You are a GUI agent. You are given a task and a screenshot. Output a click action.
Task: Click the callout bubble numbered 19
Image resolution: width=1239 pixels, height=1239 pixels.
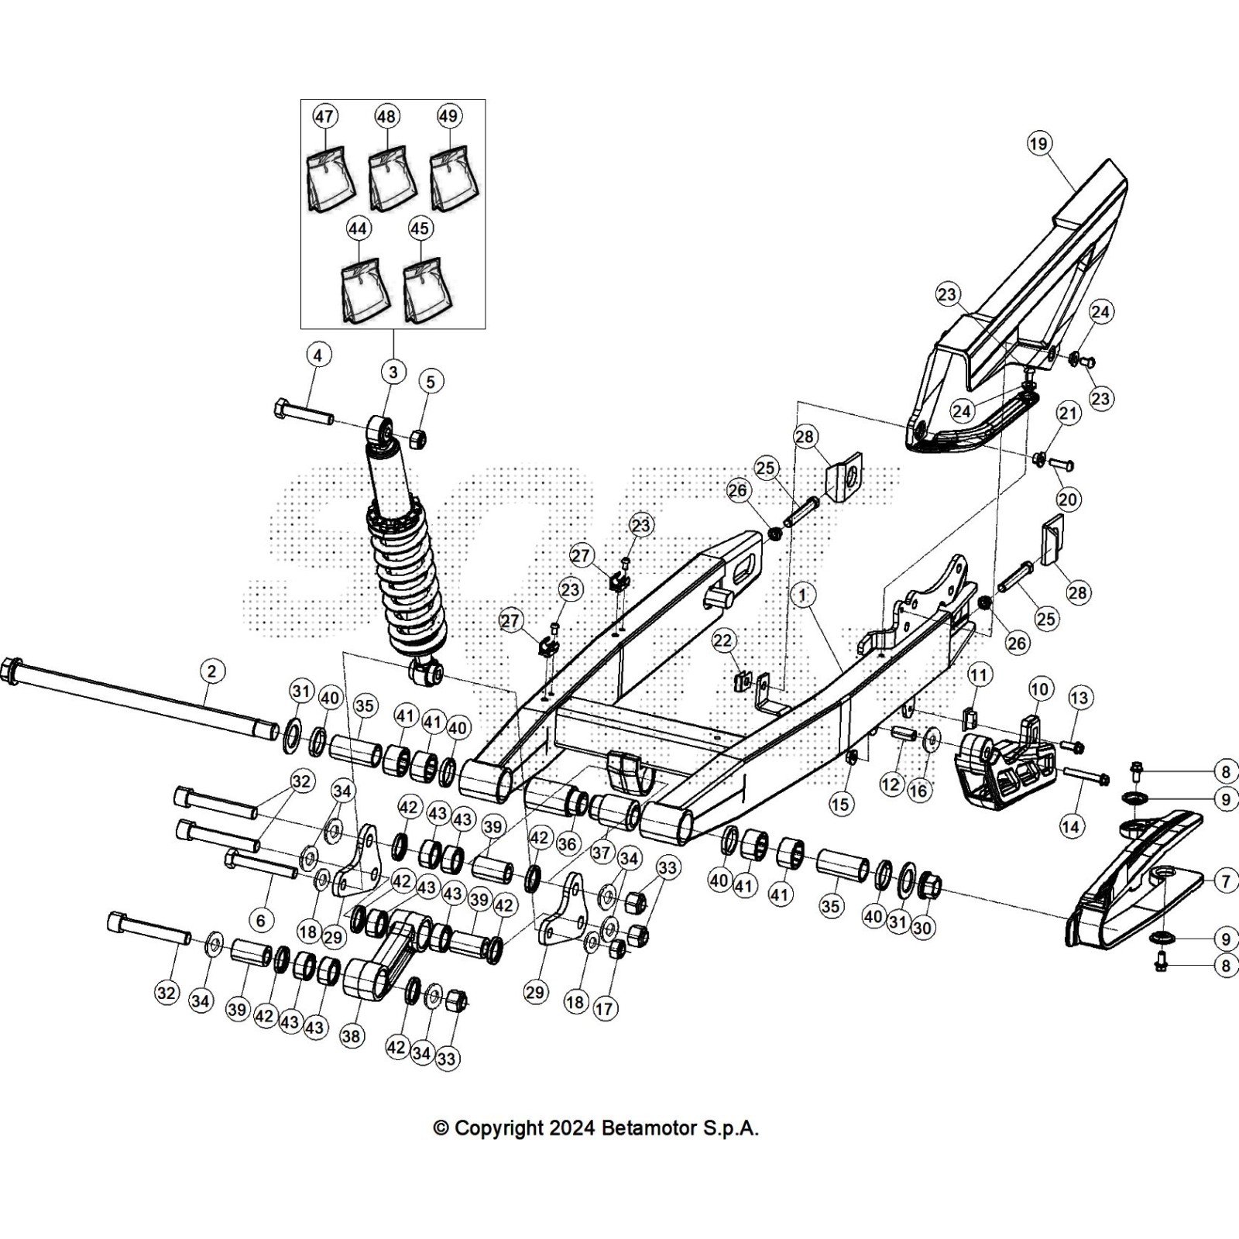(x=1038, y=143)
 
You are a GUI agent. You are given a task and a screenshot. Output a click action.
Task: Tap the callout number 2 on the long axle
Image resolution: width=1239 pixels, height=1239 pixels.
(x=212, y=671)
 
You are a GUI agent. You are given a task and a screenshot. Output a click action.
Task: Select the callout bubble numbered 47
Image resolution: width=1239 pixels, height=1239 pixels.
(x=324, y=116)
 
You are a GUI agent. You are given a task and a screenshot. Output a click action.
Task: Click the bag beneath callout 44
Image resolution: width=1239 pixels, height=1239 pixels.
(x=365, y=291)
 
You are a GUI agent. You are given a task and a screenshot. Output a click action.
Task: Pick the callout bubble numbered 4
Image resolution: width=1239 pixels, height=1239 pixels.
(x=317, y=355)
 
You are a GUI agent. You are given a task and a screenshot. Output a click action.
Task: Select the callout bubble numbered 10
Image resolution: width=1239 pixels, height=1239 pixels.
(x=1038, y=688)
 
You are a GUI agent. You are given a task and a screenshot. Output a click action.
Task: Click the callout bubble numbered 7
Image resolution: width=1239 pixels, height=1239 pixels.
(x=1225, y=880)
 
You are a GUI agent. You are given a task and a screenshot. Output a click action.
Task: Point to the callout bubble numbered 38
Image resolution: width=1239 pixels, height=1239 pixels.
(x=352, y=1035)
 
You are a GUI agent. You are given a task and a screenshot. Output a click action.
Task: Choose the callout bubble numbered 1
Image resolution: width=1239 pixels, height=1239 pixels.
(x=803, y=595)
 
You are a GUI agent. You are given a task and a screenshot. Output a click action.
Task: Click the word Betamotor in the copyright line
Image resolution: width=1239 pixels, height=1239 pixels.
(x=650, y=1127)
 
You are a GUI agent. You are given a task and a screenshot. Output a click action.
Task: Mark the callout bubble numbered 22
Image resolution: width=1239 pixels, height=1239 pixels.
(x=722, y=640)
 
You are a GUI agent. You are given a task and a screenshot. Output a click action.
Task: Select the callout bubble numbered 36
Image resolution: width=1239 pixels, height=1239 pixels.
(x=568, y=843)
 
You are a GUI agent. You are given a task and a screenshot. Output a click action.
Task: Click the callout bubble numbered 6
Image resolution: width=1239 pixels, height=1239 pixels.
(x=261, y=919)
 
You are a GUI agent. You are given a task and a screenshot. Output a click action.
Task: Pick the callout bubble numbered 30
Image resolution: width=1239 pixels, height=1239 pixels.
(x=922, y=927)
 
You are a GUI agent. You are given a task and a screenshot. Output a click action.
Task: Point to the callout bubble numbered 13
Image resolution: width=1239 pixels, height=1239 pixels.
(x=1079, y=698)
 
